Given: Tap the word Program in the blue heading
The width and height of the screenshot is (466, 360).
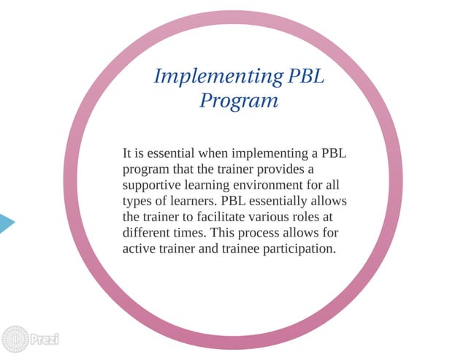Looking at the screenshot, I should (239, 100).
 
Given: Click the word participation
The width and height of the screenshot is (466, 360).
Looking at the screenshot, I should (297, 248).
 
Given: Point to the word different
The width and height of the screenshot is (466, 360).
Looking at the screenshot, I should (149, 233).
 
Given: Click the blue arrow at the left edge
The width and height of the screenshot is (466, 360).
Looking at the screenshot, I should (6, 223).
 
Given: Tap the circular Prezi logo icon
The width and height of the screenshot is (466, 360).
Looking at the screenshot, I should (15, 340).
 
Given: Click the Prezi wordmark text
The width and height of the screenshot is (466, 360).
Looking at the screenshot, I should (45, 340).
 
